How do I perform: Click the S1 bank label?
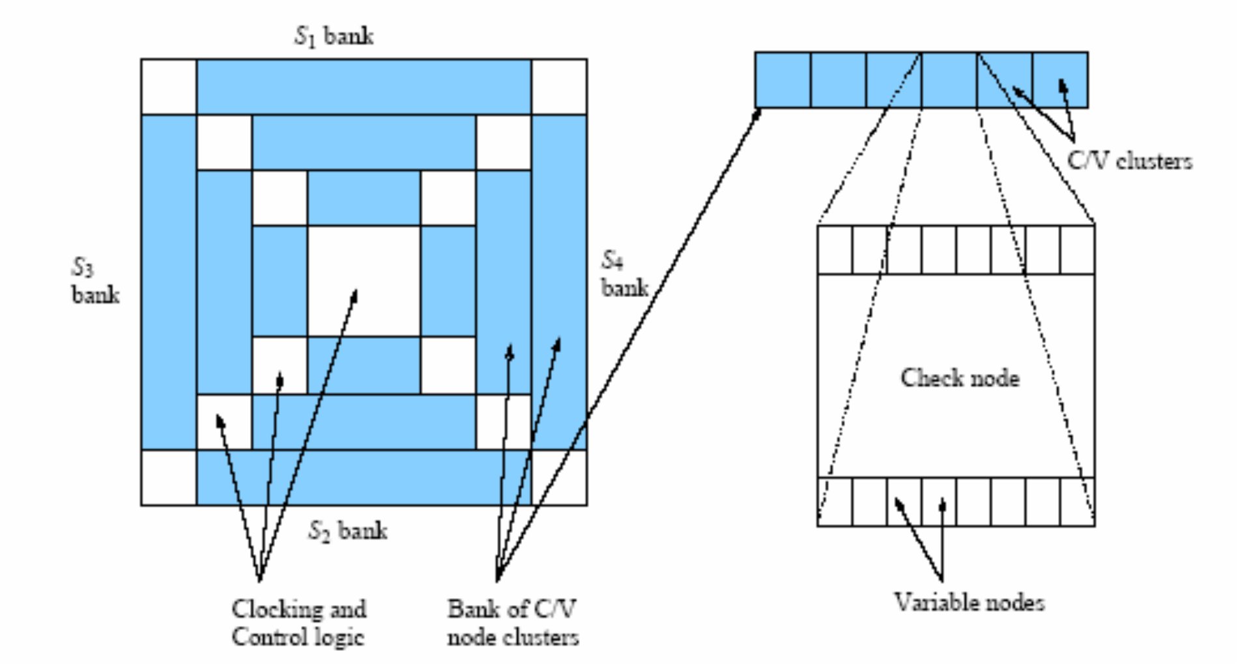coord(334,36)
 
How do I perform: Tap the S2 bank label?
coord(347,530)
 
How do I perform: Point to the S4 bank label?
coord(624,275)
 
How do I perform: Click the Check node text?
coord(960,378)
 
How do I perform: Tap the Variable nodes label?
coord(969,602)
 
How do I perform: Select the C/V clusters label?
coord(1129,161)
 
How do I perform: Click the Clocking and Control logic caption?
coord(298,623)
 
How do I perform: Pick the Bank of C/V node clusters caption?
coord(512,623)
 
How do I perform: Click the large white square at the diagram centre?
coord(364,281)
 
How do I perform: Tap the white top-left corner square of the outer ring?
coord(169,87)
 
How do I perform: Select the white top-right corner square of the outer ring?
coord(559,87)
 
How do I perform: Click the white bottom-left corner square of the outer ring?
coord(169,478)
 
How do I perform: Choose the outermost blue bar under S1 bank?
coord(364,87)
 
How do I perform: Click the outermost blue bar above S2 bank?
coord(364,478)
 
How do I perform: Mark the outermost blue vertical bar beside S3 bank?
coord(169,281)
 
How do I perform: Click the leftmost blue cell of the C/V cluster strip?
coord(783,80)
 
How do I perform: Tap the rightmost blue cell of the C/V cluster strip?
coord(1060,80)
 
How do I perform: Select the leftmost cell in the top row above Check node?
coord(835,250)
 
